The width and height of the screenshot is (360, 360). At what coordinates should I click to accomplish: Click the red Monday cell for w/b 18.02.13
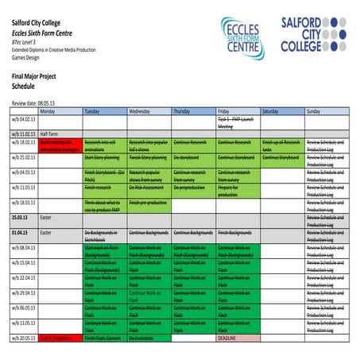(59, 144)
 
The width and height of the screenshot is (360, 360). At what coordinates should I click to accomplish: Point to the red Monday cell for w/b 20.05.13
(59, 338)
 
